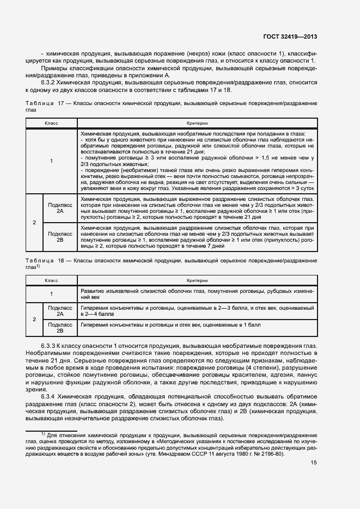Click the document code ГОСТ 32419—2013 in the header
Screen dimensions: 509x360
click(290, 37)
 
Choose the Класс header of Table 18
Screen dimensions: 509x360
click(51, 280)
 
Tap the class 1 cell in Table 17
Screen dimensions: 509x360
click(51, 161)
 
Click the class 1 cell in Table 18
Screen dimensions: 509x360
click(51, 294)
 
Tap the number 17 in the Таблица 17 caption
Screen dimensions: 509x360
click(61, 103)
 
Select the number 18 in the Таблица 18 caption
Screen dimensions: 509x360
click(61, 261)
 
